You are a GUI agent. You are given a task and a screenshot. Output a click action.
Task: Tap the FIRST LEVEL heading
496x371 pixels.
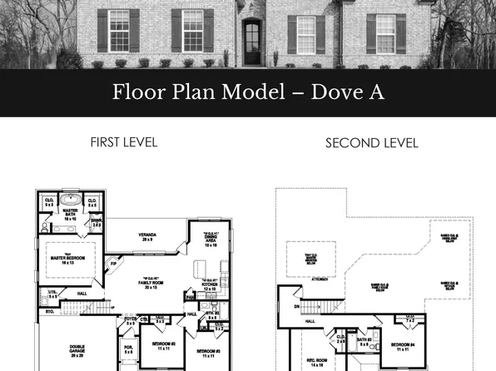(x=123, y=141)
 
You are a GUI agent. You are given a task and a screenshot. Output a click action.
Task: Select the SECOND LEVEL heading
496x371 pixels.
(x=371, y=143)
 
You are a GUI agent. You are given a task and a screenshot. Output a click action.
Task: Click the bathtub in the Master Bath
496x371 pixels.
(x=71, y=201)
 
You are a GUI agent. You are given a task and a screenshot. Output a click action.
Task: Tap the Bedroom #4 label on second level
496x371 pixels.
(x=402, y=346)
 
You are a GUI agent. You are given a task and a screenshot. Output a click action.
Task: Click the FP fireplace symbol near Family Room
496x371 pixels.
(x=114, y=265)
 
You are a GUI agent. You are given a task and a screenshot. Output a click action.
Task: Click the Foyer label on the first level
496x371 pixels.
(x=130, y=319)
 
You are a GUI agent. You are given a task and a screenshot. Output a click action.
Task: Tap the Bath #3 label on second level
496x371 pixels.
(x=364, y=339)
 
